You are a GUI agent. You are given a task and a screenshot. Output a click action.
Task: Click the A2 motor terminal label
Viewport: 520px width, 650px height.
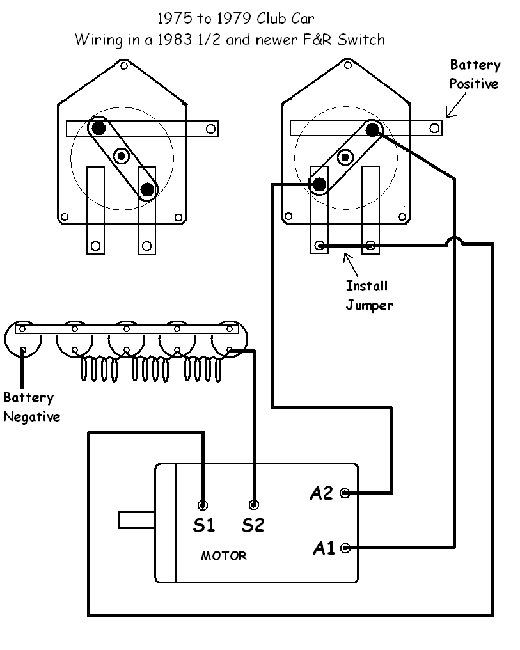click(x=322, y=493)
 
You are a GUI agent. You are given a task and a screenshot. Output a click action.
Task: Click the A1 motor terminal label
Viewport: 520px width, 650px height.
click(x=324, y=548)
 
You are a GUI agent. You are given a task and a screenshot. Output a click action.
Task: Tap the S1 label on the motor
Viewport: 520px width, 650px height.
click(x=203, y=525)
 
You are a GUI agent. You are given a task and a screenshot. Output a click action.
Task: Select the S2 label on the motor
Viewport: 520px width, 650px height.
click(x=253, y=525)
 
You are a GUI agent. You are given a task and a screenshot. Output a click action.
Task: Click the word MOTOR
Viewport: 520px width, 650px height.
click(x=223, y=556)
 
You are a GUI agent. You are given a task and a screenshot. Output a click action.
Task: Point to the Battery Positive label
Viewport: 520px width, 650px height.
click(x=475, y=74)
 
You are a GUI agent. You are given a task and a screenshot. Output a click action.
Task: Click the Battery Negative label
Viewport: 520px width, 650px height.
click(x=31, y=407)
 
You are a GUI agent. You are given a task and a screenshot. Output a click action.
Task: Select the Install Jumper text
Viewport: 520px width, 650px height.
click(x=368, y=296)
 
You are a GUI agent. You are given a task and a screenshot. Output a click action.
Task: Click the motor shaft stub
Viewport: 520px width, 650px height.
click(x=136, y=519)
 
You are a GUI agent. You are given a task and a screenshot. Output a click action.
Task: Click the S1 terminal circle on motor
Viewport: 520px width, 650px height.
click(x=203, y=504)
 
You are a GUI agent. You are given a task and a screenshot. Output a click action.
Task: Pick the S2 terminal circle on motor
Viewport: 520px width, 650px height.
click(x=254, y=504)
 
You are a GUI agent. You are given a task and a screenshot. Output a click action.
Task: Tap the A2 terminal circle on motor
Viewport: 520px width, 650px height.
click(x=345, y=493)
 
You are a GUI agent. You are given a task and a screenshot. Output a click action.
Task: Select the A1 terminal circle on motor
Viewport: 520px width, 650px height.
click(x=345, y=548)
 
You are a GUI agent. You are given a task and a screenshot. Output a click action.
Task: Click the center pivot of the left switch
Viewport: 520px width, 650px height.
click(x=122, y=155)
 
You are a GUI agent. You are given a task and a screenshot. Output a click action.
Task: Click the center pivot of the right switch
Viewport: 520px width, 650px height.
click(x=345, y=155)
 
